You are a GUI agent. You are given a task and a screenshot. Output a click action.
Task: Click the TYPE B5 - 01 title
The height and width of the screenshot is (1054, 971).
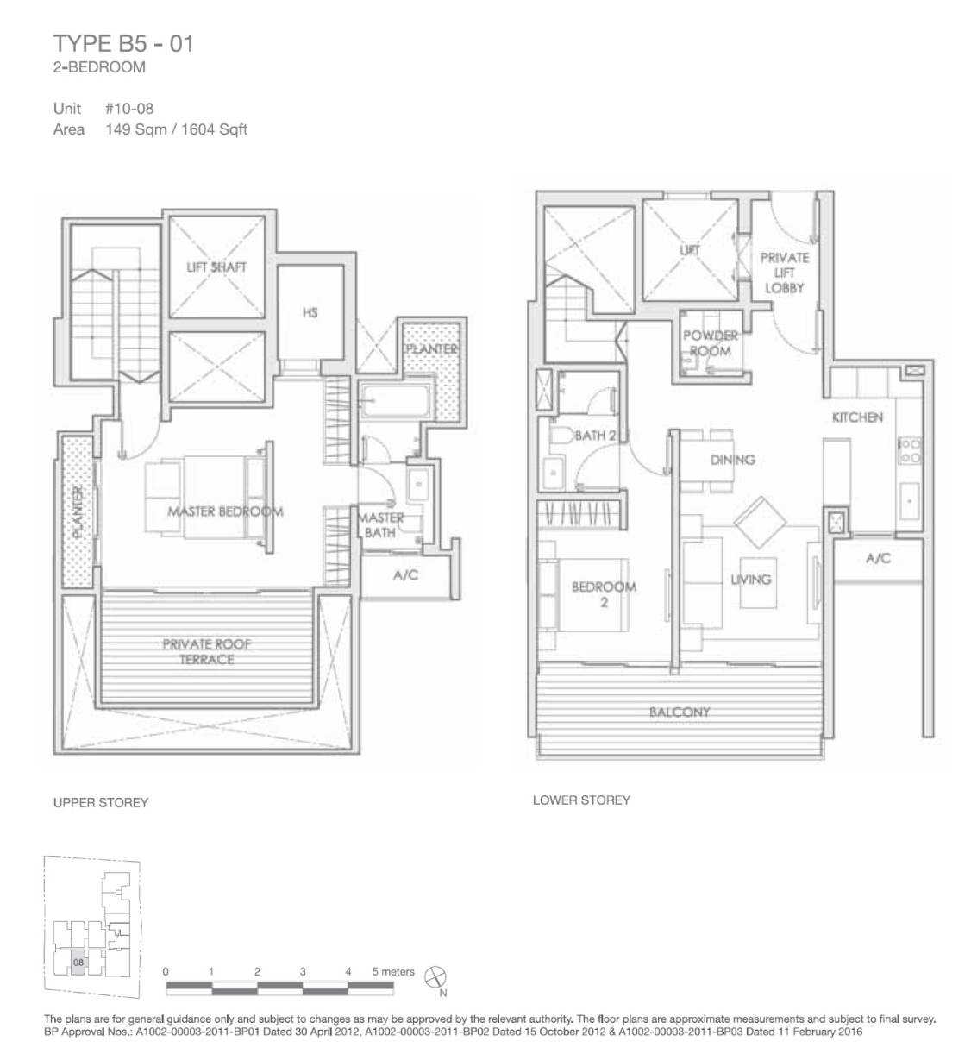[x=123, y=44]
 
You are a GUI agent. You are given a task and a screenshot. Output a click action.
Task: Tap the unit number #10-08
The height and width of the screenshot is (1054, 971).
[x=129, y=109]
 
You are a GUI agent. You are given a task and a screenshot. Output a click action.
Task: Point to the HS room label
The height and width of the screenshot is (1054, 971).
[x=310, y=312]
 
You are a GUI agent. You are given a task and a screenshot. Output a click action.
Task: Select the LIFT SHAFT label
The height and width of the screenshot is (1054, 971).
[x=216, y=267]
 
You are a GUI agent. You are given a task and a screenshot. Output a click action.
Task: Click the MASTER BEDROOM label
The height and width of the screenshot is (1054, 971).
[x=225, y=511]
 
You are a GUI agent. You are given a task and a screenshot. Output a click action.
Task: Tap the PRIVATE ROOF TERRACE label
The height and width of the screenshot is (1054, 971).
[x=206, y=651]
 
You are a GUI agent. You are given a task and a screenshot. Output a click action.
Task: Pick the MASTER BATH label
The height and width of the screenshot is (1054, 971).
[x=381, y=525]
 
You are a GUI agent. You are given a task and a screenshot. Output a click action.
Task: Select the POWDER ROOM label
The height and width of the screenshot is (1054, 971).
[x=710, y=343]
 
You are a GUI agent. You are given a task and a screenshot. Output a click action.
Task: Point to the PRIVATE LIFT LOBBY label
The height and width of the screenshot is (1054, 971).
[x=785, y=273]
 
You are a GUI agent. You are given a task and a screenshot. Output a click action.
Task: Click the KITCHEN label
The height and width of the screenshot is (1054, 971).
[x=857, y=417]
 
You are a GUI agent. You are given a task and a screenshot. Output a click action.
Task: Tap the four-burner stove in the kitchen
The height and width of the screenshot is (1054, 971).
[x=910, y=451]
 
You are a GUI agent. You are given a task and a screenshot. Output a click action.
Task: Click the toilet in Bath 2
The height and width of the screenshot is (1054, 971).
[x=561, y=436]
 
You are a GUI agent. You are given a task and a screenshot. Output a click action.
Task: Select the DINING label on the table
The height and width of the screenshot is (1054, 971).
[x=732, y=460]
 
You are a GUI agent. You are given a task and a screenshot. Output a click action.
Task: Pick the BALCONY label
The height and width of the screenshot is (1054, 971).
[x=680, y=712]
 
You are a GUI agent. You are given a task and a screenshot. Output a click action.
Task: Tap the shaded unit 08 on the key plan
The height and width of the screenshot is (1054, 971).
[x=78, y=963]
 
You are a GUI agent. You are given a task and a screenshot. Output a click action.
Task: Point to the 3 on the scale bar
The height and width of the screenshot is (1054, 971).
[x=303, y=971]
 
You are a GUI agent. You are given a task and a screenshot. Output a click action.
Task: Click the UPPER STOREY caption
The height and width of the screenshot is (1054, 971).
[x=101, y=802]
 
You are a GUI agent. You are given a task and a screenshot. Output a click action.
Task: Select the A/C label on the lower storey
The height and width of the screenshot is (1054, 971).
[x=878, y=558]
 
